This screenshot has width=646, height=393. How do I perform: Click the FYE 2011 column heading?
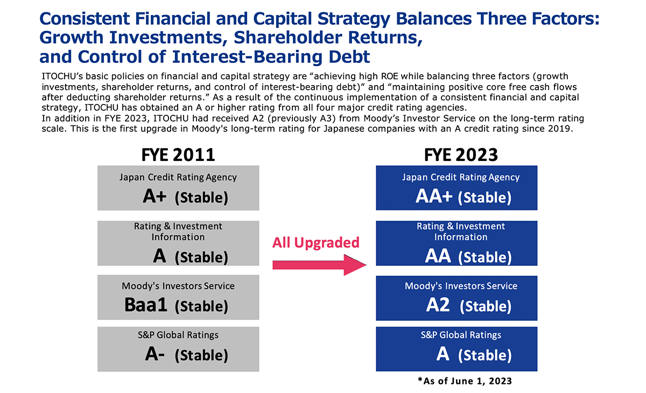[178, 155]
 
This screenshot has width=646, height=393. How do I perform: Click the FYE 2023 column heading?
[461, 155]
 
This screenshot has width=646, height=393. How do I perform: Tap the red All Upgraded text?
[316, 243]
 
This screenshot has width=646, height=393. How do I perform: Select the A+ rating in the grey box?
[155, 196]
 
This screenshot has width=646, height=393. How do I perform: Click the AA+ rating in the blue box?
[434, 196]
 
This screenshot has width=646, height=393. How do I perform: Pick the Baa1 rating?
[146, 305]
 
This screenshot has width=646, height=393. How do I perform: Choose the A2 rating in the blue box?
[438, 305]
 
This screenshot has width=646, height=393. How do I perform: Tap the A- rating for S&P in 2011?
[155, 354]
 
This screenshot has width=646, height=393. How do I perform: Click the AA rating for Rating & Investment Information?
[438, 256]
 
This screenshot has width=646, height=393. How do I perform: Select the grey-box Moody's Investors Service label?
[178, 286]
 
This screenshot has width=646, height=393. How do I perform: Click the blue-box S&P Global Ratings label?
[461, 335]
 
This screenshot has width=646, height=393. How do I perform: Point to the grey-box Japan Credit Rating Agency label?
[178, 177]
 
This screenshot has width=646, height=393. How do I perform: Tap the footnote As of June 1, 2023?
[465, 381]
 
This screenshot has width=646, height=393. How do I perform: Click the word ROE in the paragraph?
[392, 76]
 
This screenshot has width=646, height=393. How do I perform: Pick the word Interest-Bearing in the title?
[247, 57]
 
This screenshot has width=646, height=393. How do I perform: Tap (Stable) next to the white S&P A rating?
[485, 355]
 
